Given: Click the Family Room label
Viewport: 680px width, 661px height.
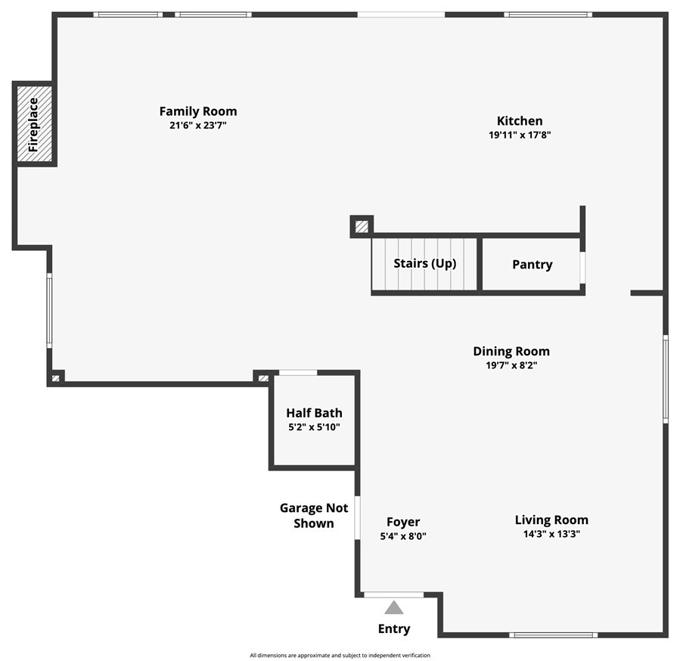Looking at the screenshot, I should click(x=197, y=111).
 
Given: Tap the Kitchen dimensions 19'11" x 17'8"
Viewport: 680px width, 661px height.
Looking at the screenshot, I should click(x=519, y=135).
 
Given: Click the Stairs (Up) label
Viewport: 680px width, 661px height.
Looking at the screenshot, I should click(x=424, y=264).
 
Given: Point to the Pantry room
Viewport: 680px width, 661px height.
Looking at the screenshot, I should click(x=532, y=265).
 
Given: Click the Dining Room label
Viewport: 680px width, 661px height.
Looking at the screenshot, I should click(x=511, y=351).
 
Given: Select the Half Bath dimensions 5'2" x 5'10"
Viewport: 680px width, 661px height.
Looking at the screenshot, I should click(x=314, y=427).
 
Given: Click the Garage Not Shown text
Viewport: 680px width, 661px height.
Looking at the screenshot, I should click(x=314, y=516).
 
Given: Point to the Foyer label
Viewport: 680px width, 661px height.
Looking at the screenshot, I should click(x=403, y=522).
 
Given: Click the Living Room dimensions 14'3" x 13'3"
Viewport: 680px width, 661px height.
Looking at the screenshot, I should click(x=551, y=534).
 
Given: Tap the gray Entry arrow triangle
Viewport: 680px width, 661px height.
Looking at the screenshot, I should click(x=394, y=607).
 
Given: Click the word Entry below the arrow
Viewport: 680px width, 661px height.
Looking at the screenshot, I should click(x=394, y=629).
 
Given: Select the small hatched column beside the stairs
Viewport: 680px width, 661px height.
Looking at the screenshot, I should click(x=362, y=226).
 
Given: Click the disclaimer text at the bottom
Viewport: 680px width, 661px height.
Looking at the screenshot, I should click(x=340, y=655).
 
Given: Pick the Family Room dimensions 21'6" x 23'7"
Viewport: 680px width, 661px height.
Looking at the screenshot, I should click(x=197, y=126).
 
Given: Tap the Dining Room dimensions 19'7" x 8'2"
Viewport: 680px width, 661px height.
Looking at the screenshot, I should click(x=511, y=365).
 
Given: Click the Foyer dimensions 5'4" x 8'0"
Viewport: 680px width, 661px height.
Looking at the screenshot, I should click(x=403, y=536).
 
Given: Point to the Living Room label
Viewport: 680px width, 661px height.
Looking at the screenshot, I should click(x=551, y=520).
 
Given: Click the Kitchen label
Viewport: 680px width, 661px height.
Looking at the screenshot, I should click(x=519, y=121).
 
